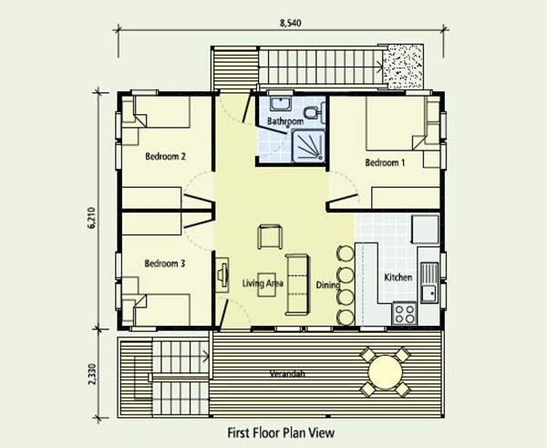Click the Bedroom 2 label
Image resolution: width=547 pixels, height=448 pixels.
click(165, 156)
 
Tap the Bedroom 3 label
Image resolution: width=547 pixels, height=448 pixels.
click(165, 264)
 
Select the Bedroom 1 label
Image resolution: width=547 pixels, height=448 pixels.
click(385, 162)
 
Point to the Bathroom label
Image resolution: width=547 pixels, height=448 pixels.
click(285, 121)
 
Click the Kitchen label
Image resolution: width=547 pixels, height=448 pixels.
click(398, 277)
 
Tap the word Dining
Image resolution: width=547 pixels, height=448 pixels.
click(328, 285)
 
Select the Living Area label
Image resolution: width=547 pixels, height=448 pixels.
click(263, 283)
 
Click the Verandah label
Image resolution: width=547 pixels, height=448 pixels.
click(287, 373)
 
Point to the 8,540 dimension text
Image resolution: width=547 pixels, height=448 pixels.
click(290, 23)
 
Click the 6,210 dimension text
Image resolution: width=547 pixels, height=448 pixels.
click(91, 218)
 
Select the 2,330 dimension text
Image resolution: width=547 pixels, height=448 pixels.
click(91, 375)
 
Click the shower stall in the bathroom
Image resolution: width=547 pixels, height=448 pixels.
click(308, 146)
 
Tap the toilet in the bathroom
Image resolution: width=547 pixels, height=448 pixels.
click(314, 112)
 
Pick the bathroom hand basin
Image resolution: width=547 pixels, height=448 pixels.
click(281, 104)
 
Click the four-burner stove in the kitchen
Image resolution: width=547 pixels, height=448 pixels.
click(404, 313)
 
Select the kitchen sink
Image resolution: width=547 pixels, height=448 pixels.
click(429, 283)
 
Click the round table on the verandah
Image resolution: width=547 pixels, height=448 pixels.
click(385, 372)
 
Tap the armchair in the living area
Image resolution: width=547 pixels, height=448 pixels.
click(270, 236)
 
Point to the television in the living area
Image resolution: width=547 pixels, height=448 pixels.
click(222, 275)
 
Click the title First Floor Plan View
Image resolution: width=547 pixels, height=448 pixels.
click(281, 433)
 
